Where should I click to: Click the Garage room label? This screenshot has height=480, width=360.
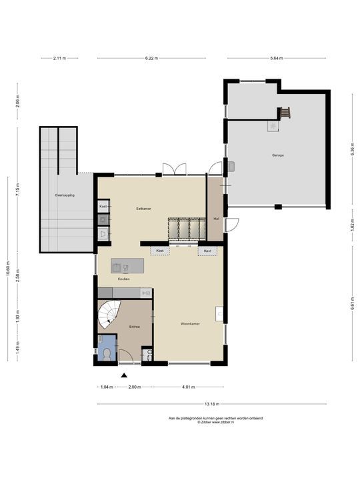(277, 155)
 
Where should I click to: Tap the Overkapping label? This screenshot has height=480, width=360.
(65, 195)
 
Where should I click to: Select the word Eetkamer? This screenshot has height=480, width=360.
(143, 209)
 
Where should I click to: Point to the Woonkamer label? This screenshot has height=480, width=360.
(190, 325)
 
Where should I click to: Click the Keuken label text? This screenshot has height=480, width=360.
(123, 279)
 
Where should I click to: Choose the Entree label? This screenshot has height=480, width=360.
(134, 327)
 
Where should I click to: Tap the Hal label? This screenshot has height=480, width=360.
(216, 218)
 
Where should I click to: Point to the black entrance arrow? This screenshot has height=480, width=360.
(123, 376)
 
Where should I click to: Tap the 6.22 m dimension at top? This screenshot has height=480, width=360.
(152, 59)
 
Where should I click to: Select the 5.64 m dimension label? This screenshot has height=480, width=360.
(276, 59)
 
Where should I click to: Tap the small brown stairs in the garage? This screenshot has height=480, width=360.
(286, 113)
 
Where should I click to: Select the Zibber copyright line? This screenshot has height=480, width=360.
(216, 422)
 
